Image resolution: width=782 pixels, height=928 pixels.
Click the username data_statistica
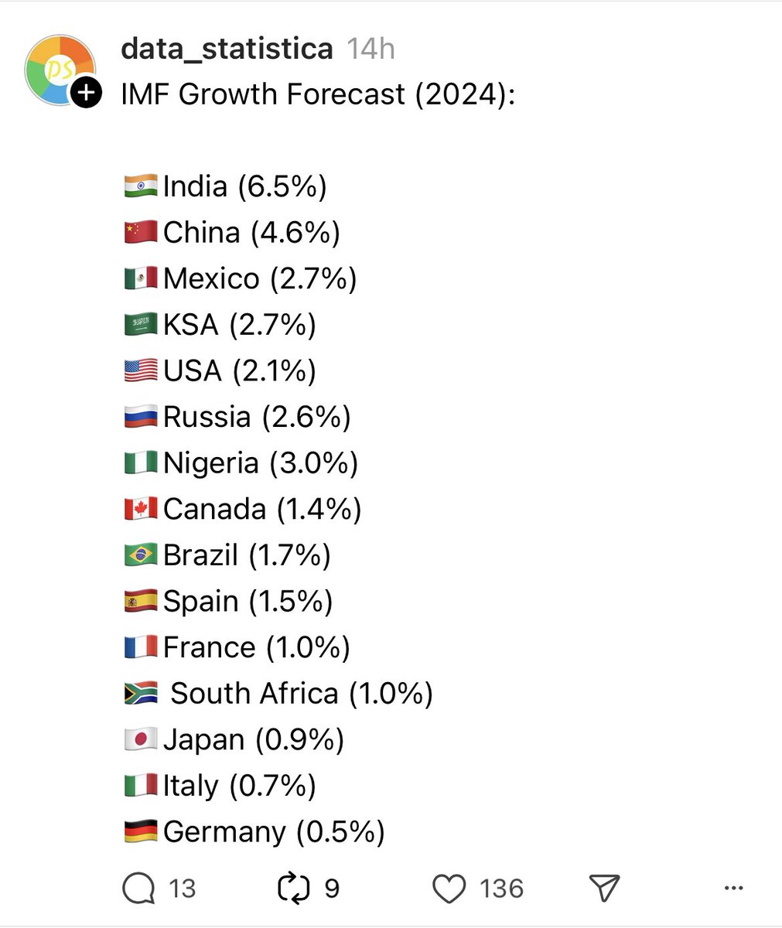pyautogui.click(x=227, y=49)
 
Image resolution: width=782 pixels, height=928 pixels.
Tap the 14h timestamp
pyautogui.click(x=371, y=49)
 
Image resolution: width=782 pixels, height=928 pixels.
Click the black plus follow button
pyautogui.click(x=87, y=93)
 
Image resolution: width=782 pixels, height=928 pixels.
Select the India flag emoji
pyautogui.click(x=141, y=186)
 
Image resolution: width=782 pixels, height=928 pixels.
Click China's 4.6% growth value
pyautogui.click(x=295, y=233)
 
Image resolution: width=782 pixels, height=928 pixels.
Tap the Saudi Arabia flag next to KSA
pyautogui.click(x=141, y=324)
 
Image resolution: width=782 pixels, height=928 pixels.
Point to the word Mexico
pyautogui.click(x=211, y=278)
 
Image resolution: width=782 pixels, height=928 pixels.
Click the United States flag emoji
pyautogui.click(x=141, y=370)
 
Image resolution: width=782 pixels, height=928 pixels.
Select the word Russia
pyautogui.click(x=207, y=417)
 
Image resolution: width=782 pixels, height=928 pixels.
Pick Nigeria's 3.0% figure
pyautogui.click(x=314, y=463)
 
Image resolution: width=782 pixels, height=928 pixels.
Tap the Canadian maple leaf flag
pyautogui.click(x=141, y=508)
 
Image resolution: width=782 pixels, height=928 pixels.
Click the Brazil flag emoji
pyautogui.click(x=141, y=554)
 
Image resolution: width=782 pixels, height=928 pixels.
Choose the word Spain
pyautogui.click(x=201, y=602)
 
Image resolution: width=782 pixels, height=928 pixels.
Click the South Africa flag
pyautogui.click(x=141, y=693)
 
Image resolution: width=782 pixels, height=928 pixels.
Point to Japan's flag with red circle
pyautogui.click(x=141, y=739)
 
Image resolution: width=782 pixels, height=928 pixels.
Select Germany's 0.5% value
pyautogui.click(x=340, y=832)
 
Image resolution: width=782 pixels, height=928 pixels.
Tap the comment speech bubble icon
pyautogui.click(x=138, y=888)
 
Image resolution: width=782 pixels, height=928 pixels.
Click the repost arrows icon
pyautogui.click(x=293, y=888)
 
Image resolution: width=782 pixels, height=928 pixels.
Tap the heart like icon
pyautogui.click(x=449, y=889)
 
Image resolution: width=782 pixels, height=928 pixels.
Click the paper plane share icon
pyautogui.click(x=604, y=888)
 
